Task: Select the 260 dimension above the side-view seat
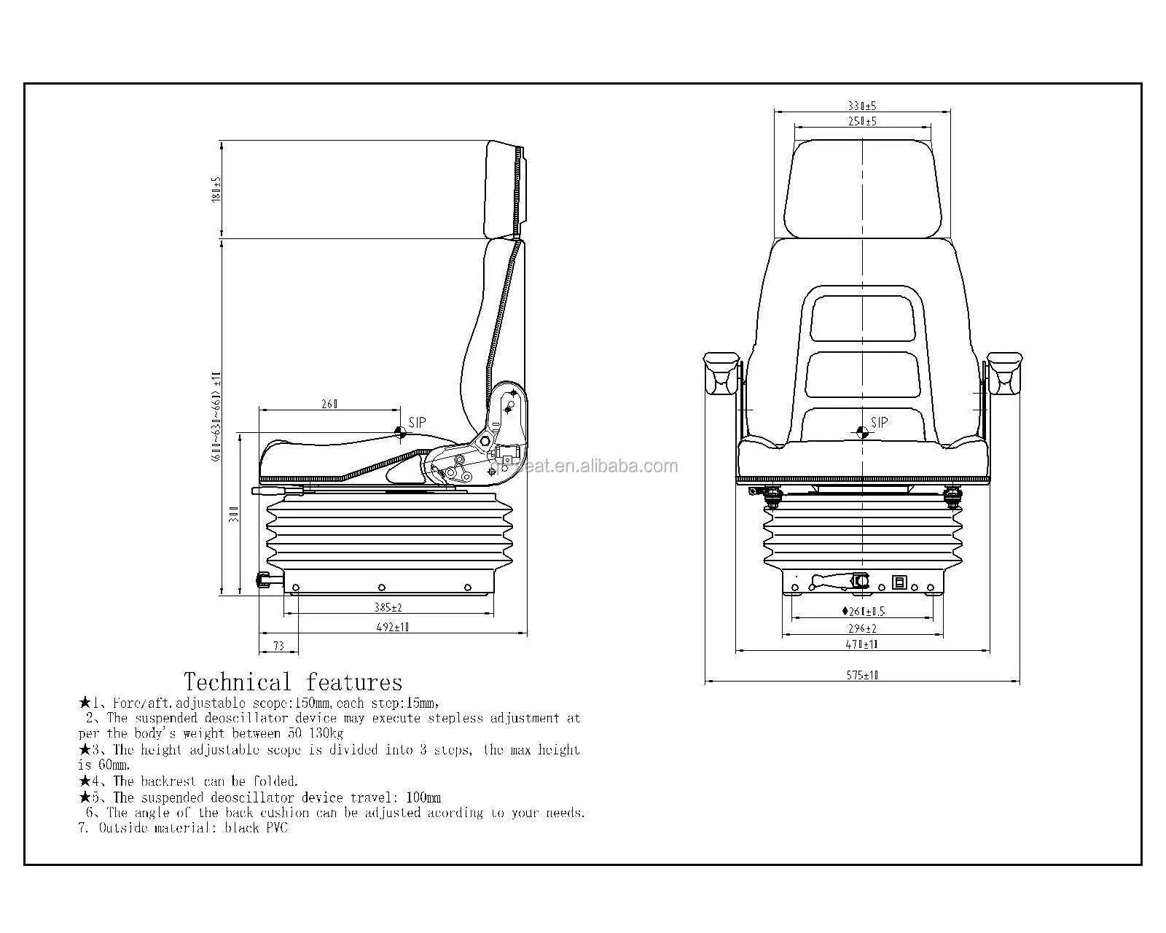pos(329,404)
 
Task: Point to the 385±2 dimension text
pos(388,607)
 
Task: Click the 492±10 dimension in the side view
pos(393,627)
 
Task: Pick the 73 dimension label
pos(278,645)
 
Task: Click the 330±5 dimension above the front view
pos(863,106)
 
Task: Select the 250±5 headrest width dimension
pos(863,122)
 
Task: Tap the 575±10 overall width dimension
pos(863,675)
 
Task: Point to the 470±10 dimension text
pos(863,644)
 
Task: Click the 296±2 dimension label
pos(863,628)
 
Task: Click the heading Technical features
pos(293,682)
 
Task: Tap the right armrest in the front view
pos(1004,372)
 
